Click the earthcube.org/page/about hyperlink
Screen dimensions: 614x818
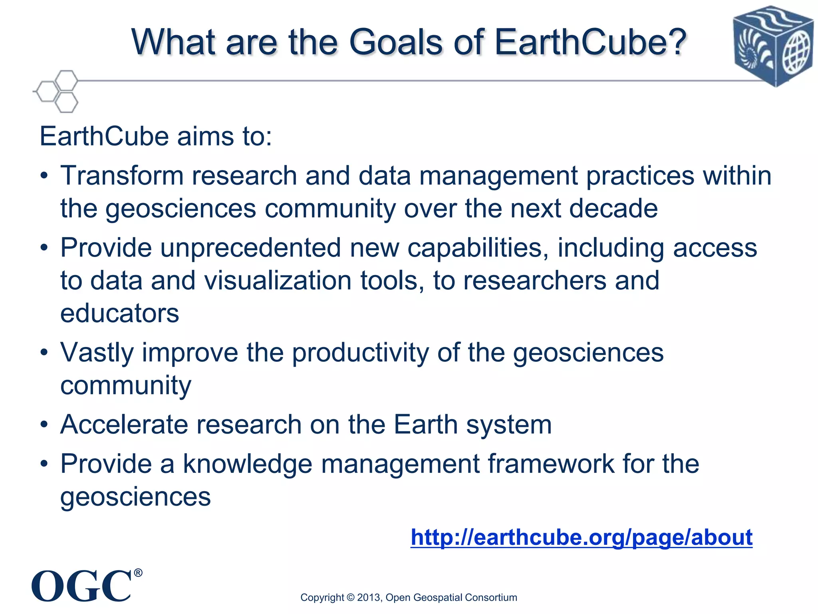581,537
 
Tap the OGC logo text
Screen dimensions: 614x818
81,586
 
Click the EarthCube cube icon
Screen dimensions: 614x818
773,46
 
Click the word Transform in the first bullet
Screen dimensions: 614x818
121,176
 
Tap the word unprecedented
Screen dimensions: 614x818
250,248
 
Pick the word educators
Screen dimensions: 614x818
119,313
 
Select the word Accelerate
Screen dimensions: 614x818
124,425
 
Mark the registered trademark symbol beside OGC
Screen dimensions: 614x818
138,573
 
